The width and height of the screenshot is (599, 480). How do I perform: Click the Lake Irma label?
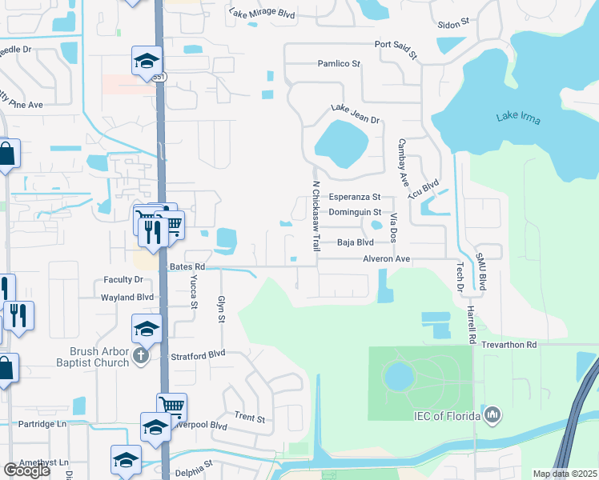pyautogui.click(x=518, y=119)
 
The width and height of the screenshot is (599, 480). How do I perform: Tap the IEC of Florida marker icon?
pyautogui.click(x=492, y=414)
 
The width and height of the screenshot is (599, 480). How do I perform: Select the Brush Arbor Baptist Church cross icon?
pyautogui.click(x=141, y=355)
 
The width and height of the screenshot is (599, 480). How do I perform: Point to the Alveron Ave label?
pyautogui.click(x=386, y=259)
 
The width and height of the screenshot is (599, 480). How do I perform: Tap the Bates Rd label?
pyautogui.click(x=187, y=266)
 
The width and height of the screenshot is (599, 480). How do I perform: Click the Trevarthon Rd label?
pyautogui.click(x=509, y=344)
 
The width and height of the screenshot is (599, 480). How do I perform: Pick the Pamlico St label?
pyautogui.click(x=340, y=63)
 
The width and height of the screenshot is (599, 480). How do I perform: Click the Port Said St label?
pyautogui.click(x=396, y=50)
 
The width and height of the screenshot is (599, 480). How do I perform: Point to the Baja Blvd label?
pyautogui.click(x=356, y=242)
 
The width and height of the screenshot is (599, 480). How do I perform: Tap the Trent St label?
pyautogui.click(x=250, y=418)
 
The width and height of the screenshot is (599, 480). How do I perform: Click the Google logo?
pyautogui.click(x=26, y=470)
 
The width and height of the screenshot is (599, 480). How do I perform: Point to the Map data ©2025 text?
pyautogui.click(x=564, y=474)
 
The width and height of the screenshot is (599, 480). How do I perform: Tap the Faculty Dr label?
pyautogui.click(x=123, y=280)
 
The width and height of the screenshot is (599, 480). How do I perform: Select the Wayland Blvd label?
pyautogui.click(x=127, y=297)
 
